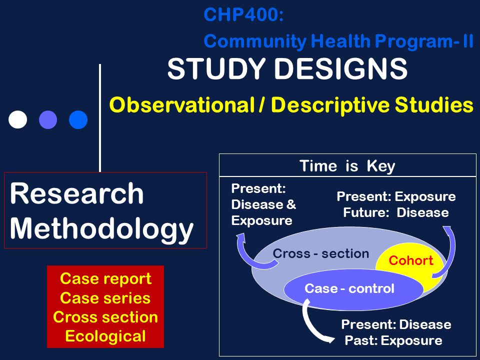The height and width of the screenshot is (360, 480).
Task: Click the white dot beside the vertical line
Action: tap(18, 119)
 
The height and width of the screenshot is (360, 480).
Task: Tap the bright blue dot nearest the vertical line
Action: tap(78, 119)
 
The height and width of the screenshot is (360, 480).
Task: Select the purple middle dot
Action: tap(48, 119)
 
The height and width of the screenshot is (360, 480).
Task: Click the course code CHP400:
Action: tap(243, 14)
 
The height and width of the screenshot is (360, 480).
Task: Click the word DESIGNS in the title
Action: tap(340, 68)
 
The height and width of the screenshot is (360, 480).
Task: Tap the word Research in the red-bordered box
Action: tap(76, 193)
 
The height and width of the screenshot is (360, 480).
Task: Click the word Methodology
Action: tap(101, 229)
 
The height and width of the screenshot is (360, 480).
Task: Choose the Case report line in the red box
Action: tap(105, 278)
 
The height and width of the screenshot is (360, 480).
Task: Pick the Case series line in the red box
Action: tap(105, 298)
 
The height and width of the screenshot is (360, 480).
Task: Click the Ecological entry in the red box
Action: tap(105, 336)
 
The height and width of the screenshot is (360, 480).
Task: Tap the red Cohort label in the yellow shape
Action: tap(411, 260)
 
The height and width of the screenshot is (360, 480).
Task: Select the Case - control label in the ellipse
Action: tap(349, 288)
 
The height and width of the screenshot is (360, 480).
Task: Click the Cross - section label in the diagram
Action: tap(321, 253)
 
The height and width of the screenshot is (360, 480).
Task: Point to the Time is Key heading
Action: tap(347, 166)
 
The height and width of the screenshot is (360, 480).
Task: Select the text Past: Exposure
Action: tap(393, 340)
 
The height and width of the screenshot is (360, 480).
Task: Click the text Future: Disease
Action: tap(396, 212)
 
